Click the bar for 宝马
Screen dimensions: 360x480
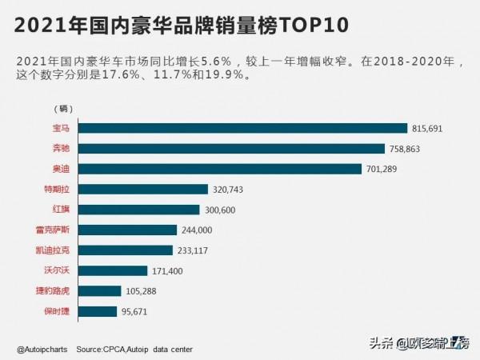pyautogui.click(x=244, y=128)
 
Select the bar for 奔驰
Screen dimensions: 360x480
pyautogui.click(x=232, y=148)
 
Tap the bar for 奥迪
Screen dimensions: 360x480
pyautogui.click(x=221, y=169)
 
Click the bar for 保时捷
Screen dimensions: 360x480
pyautogui.click(x=99, y=311)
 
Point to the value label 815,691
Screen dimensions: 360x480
pyautogui.click(x=430, y=128)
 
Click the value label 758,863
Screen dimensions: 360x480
pyautogui.click(x=406, y=149)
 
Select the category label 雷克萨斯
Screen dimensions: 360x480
pyautogui.click(x=64, y=230)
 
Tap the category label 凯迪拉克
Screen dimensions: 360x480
pyautogui.click(x=64, y=250)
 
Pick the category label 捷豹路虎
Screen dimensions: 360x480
pyautogui.click(x=64, y=291)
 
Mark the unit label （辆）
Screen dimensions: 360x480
pyautogui.click(x=62, y=108)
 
